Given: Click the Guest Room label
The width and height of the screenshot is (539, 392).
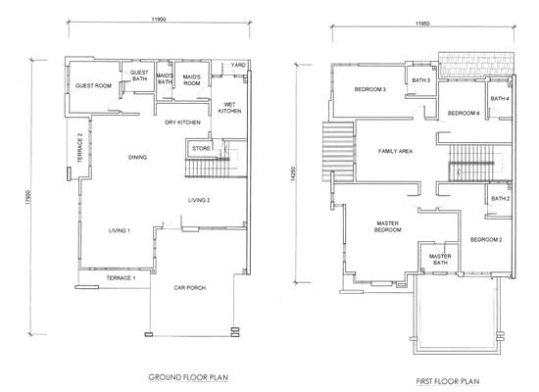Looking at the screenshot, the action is [93, 85].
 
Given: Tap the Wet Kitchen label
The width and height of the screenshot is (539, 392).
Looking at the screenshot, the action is [229, 108].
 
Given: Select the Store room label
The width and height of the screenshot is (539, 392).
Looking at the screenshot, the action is [201, 148].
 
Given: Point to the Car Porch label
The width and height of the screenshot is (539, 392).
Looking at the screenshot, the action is [190, 287].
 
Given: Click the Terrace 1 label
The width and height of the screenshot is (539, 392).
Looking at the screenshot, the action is [121, 278].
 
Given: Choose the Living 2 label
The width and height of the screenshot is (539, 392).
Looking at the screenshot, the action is [199, 200].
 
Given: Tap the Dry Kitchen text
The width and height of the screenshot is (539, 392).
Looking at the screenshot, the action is [182, 122].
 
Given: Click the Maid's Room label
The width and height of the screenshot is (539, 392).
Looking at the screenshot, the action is [191, 80].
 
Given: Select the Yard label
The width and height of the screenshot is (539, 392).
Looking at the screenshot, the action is [238, 65].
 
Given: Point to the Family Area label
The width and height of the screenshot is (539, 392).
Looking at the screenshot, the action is [395, 151].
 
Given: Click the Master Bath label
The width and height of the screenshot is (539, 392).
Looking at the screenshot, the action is [440, 260].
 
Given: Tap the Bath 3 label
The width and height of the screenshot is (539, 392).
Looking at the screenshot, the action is [421, 80].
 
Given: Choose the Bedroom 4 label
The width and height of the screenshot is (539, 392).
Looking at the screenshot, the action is [464, 113].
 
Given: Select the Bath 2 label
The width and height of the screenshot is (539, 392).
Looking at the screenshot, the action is [501, 198].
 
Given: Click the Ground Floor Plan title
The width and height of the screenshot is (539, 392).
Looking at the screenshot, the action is [188, 377].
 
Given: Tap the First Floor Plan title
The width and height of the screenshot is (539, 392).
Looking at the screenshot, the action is [448, 381].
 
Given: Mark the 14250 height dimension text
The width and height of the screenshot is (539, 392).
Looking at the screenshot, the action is [293, 173].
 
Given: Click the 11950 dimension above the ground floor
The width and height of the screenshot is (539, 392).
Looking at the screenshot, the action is [159, 20].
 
